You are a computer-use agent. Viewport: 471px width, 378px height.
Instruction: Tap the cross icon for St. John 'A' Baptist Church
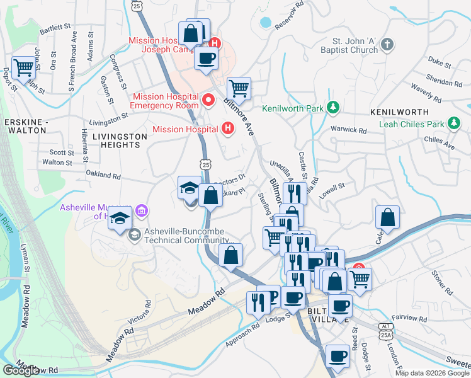pos(387,45)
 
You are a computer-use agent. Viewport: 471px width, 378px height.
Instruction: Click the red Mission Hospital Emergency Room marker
pos(209,100)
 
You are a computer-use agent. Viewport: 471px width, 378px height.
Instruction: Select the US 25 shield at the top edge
pos(145,4)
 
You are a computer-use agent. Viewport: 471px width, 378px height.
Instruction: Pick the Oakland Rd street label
pos(103,175)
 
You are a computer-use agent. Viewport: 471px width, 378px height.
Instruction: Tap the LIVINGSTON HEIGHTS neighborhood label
pos(115,140)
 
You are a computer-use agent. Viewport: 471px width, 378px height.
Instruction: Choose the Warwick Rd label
pos(349,130)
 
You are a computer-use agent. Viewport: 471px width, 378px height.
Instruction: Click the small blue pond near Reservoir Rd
pos(265,23)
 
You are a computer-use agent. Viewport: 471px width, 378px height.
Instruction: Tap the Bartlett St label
pos(55,28)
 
